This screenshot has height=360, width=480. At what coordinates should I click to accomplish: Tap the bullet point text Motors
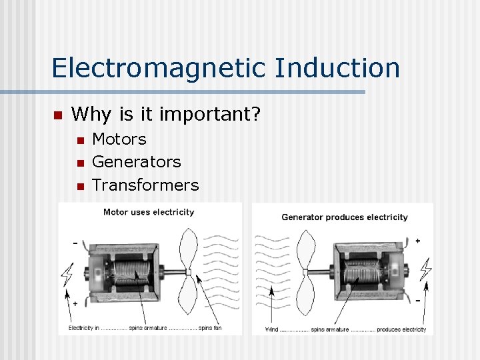(x=119, y=139)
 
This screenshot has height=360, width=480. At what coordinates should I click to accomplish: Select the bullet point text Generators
(x=136, y=162)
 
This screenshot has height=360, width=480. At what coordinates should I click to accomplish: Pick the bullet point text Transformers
(x=145, y=185)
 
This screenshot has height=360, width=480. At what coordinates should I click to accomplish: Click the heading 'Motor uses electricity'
(x=149, y=212)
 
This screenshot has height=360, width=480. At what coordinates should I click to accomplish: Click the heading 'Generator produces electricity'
(x=344, y=217)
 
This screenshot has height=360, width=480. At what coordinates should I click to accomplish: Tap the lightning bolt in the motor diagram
(x=67, y=274)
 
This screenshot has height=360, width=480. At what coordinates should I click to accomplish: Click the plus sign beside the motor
(x=75, y=303)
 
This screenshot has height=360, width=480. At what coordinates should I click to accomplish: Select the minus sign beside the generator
(x=418, y=301)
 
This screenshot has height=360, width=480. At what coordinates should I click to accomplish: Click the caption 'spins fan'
(x=210, y=329)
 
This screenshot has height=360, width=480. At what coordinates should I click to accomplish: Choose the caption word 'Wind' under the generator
(x=272, y=329)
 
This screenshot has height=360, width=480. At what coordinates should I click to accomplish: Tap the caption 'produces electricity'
(x=401, y=329)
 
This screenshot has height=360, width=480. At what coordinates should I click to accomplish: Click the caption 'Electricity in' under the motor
(x=84, y=329)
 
